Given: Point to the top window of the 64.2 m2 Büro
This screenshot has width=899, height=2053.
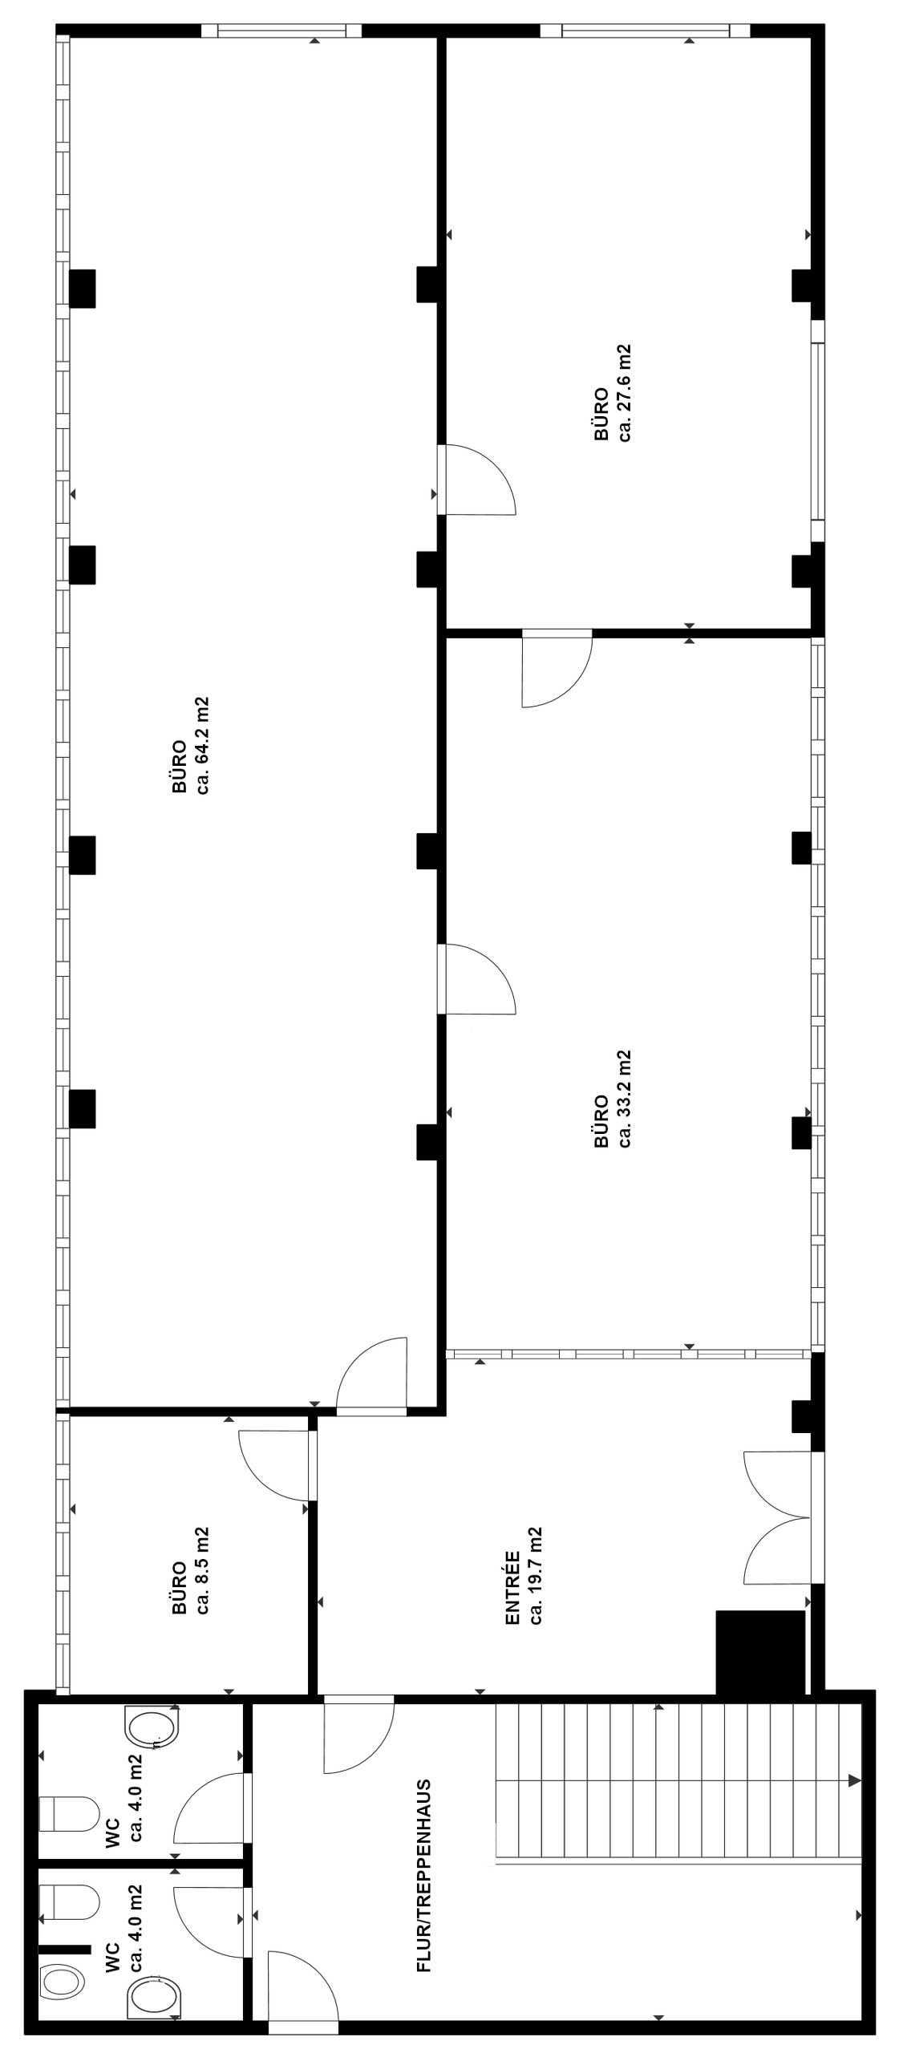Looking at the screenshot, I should click(x=281, y=31).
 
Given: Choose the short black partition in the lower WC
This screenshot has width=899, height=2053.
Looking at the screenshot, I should click(x=64, y=1948).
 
